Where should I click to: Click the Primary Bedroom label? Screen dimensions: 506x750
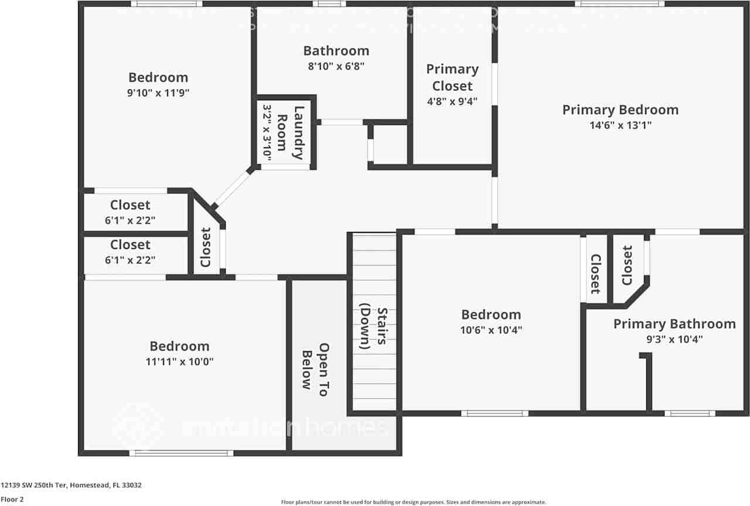[621, 110]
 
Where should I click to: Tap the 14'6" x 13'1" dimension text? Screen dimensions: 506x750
[621, 125]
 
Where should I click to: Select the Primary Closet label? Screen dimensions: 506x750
[452, 77]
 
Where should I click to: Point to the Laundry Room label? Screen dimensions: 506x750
[290, 132]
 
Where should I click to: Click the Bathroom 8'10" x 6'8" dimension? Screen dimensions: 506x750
[336, 66]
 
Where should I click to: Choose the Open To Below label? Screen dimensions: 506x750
[315, 367]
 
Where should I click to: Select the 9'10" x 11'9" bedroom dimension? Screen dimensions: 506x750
[158, 92]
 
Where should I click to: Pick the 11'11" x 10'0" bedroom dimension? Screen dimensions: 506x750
[179, 361]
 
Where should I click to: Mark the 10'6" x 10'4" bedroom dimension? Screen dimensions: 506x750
[491, 330]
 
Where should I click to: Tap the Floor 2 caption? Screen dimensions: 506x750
[12, 500]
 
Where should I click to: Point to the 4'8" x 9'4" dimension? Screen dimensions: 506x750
[452, 101]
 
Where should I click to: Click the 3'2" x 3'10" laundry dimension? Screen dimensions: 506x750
[267, 132]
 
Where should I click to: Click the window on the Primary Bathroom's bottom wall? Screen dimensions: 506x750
[690, 413]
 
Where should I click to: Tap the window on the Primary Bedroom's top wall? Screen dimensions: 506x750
[619, 4]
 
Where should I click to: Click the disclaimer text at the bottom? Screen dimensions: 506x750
[414, 502]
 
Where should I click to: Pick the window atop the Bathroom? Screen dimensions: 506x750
[329, 4]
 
